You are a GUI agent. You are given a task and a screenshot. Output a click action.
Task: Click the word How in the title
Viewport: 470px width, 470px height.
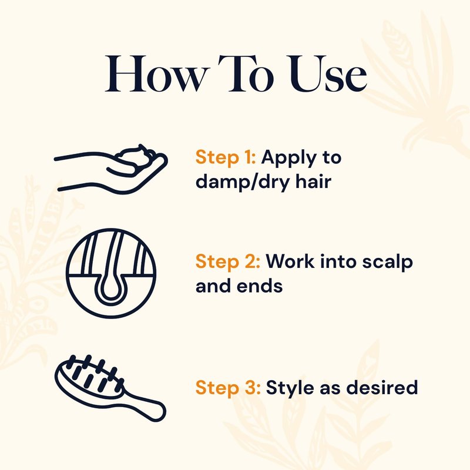tap(157, 74)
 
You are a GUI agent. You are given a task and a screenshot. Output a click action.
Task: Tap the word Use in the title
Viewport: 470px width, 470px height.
tap(328, 74)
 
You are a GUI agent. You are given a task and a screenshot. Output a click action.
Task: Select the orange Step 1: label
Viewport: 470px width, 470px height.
tap(226, 157)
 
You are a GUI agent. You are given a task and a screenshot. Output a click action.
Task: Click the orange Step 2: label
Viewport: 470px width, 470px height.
tap(227, 261)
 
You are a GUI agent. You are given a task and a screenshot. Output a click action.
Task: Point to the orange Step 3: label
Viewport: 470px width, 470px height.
tap(228, 387)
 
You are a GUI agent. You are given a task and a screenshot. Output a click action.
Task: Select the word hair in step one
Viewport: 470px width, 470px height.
tap(314, 181)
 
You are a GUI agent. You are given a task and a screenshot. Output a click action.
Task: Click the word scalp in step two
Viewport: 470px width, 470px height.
tap(387, 262)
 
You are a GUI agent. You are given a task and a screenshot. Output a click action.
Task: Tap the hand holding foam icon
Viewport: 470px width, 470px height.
tap(111, 169)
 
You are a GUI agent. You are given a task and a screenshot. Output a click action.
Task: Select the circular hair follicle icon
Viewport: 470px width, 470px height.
tap(111, 273)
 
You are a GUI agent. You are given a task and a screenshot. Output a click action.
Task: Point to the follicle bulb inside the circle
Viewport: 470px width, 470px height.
tap(111, 289)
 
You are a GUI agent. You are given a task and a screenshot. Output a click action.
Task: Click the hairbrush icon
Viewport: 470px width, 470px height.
tap(110, 388)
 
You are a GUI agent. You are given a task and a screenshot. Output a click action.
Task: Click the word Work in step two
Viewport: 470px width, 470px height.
tap(290, 261)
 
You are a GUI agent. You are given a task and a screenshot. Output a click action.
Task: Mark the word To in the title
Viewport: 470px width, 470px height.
tap(246, 74)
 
